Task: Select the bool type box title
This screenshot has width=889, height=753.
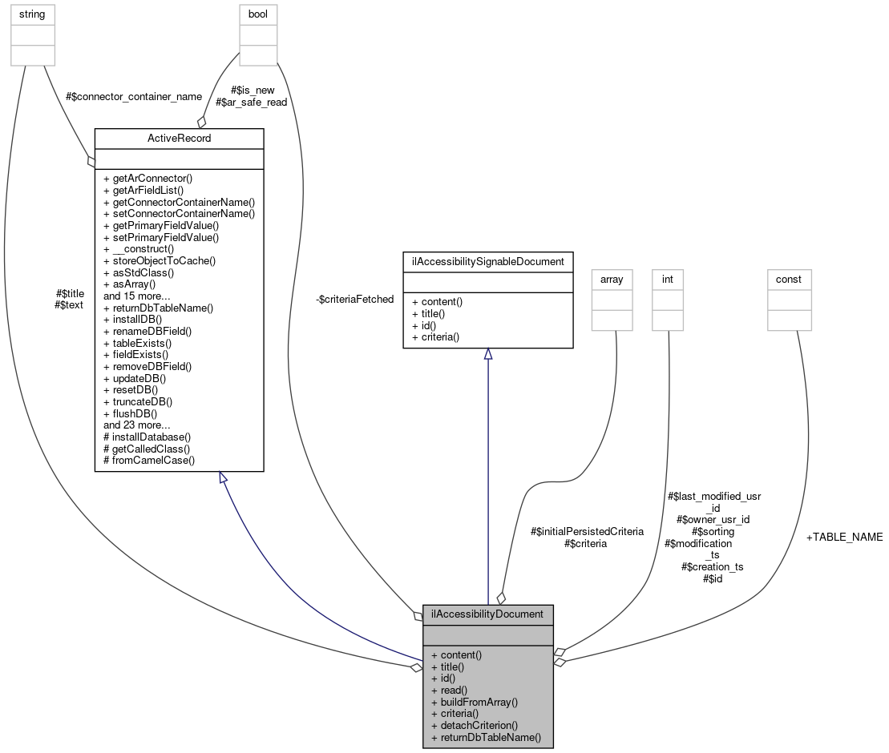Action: point(257,14)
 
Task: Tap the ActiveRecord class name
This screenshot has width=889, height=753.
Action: point(179,139)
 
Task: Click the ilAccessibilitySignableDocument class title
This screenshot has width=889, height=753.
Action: point(487,261)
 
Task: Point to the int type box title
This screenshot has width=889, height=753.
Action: point(667,280)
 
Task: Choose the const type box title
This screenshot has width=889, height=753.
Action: point(790,280)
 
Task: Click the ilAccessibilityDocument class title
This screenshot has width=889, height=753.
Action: point(487,614)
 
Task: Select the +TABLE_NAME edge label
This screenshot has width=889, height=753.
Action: point(844,538)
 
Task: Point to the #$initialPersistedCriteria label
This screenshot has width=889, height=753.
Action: point(587,531)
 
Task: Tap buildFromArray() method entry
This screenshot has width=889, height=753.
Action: point(474,702)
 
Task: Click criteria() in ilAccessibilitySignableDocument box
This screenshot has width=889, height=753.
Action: point(435,337)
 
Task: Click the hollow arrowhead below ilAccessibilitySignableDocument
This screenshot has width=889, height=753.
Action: point(487,354)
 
